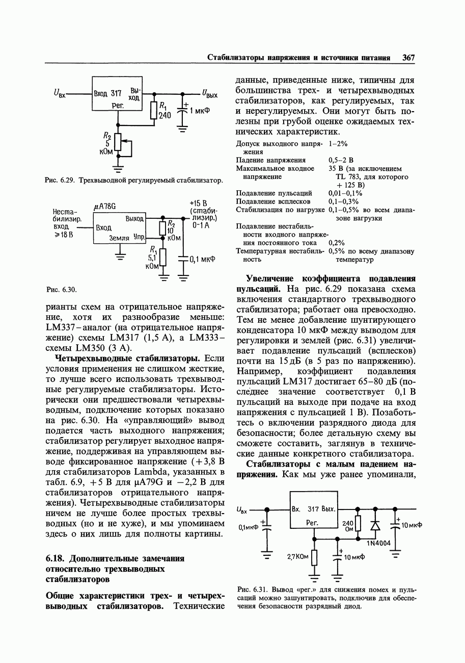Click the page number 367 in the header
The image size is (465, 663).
pyautogui.click(x=408, y=58)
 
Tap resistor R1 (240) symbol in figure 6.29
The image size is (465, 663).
pyautogui.click(x=153, y=110)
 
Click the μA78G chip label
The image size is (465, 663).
pyautogui.click(x=105, y=206)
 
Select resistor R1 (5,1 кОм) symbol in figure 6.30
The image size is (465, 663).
pyautogui.click(x=163, y=257)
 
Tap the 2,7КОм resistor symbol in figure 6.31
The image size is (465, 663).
pyautogui.click(x=314, y=557)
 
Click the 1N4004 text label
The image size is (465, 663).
pyautogui.click(x=378, y=543)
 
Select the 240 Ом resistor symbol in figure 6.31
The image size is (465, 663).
pyautogui.click(x=358, y=524)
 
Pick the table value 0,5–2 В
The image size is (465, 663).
pyautogui.click(x=341, y=160)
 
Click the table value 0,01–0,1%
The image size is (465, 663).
pyautogui.click(x=345, y=193)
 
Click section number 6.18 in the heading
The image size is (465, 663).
pyautogui.click(x=54, y=558)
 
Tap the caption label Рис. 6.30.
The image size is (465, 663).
pyautogui.click(x=61, y=290)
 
